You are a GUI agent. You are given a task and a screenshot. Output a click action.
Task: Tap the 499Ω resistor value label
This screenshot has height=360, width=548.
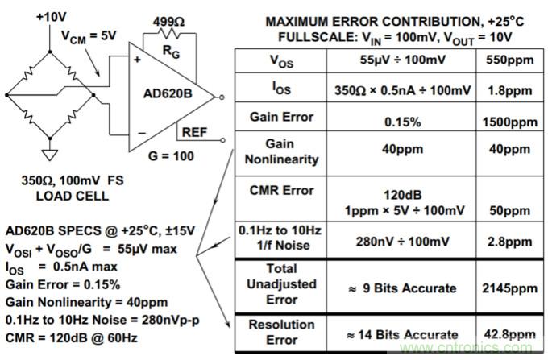pos(168,19)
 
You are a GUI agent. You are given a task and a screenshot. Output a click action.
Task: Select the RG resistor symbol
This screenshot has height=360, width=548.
pos(170,35)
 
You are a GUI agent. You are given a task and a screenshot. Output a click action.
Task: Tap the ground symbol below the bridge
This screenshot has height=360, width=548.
pos(50,152)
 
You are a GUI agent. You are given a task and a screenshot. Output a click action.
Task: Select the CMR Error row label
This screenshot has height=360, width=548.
pos(272,190)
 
